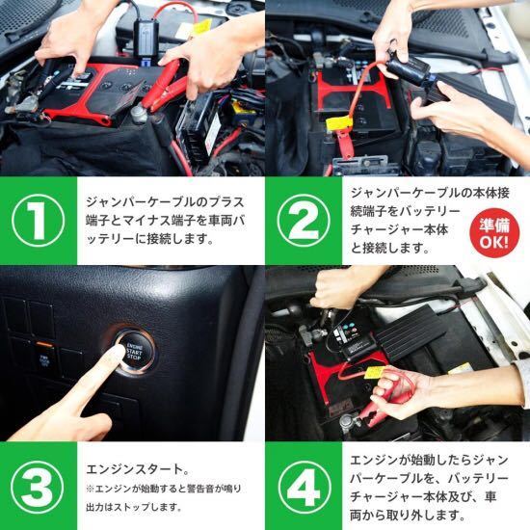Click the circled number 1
coord(39,221)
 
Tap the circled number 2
coord(304,221)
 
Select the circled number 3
coord(38,487)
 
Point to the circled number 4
coord(303,487)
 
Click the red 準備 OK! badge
coord(494,233)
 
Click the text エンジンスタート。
coord(138,469)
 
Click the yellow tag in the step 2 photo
coord(338,122)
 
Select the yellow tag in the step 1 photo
coord(202,26)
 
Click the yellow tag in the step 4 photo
coord(375,373)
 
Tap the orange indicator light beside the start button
coord(44,345)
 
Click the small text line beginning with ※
coord(164,489)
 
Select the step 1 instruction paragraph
coord(165,221)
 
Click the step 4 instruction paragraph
coord(429,488)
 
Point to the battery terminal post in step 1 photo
coord(140,114)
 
